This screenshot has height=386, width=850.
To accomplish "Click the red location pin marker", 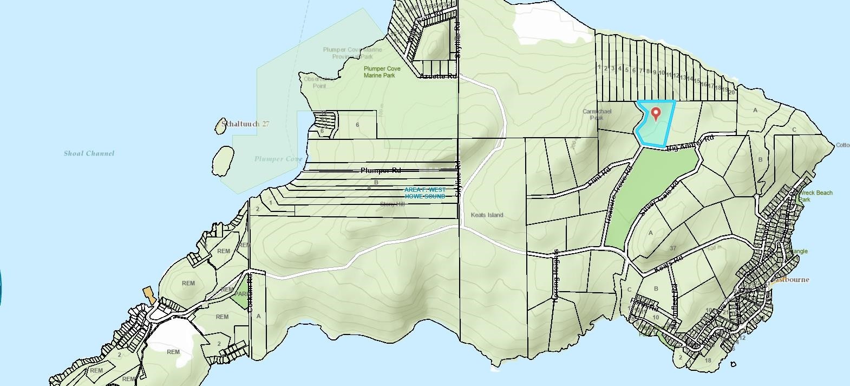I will (656, 114).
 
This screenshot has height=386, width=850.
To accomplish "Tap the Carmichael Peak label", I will (597, 114).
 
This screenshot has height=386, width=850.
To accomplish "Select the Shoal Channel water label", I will (89, 153).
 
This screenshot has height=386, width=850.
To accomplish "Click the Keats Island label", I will (487, 215).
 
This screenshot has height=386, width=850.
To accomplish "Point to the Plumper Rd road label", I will (381, 171).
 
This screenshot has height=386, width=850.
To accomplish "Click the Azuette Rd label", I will (439, 76).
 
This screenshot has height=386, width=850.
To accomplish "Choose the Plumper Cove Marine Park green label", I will (382, 72).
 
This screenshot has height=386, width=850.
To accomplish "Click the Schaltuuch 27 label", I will (244, 124).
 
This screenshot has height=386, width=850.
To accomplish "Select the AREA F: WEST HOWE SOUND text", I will (425, 193).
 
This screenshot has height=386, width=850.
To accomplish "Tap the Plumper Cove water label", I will (278, 159).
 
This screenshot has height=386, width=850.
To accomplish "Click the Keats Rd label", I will (669, 264).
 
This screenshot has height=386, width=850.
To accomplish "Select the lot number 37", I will (673, 248).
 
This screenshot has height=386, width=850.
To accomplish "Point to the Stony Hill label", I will (392, 204).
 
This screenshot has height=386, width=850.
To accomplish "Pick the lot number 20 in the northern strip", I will (731, 92).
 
